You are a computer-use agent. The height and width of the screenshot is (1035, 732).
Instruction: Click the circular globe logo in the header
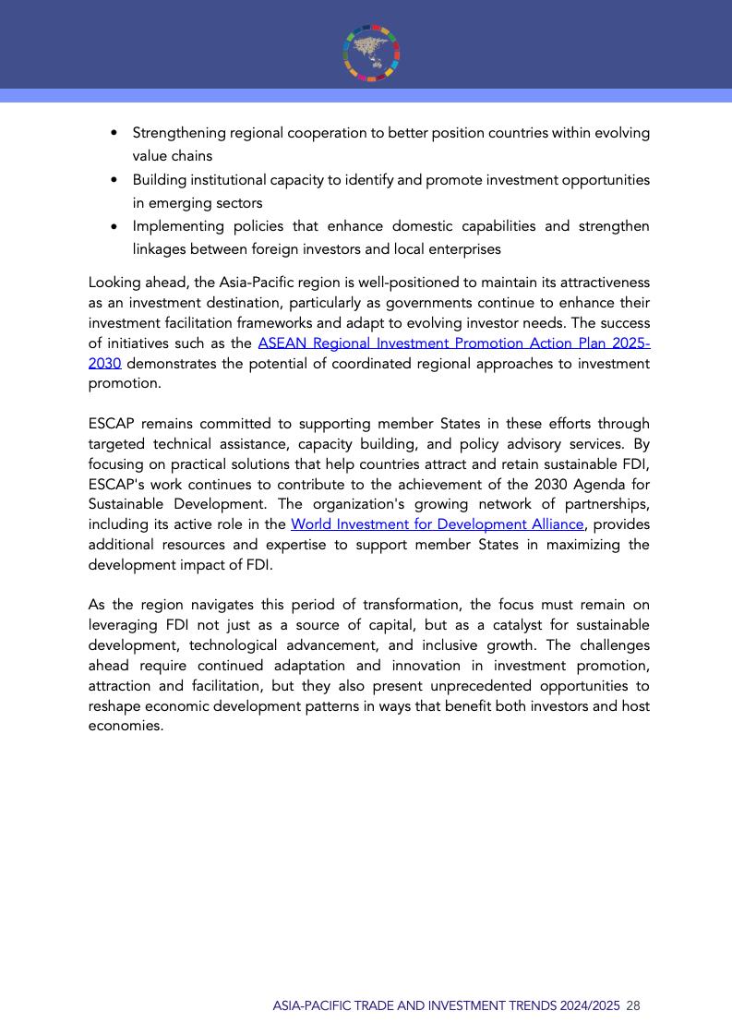point(372,52)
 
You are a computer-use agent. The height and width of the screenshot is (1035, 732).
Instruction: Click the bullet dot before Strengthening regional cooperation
point(114,133)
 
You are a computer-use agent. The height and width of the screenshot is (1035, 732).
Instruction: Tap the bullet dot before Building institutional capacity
point(114,180)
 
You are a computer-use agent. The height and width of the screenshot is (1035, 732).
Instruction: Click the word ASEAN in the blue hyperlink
point(281,343)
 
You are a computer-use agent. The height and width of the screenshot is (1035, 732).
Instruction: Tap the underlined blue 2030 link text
point(104,364)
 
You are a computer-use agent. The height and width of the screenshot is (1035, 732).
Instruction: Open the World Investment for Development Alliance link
point(437,524)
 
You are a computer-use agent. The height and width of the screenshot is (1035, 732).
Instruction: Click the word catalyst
point(486,625)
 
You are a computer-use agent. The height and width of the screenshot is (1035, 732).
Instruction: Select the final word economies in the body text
point(126,727)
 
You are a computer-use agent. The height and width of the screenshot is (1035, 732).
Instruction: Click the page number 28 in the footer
point(633,1006)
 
